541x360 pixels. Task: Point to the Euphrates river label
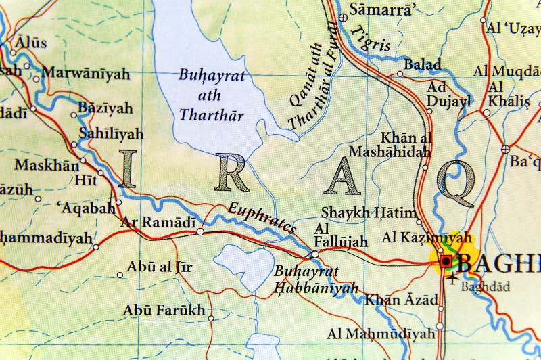(262, 218)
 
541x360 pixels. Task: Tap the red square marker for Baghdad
(445, 260)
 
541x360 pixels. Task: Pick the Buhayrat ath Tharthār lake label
(212, 95)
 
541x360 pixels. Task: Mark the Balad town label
(423, 65)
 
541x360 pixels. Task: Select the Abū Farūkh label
(164, 311)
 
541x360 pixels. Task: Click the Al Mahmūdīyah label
(381, 334)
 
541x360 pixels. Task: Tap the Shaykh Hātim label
(369, 212)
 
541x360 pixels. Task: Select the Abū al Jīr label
(158, 267)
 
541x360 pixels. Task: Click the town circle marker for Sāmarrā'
(343, 18)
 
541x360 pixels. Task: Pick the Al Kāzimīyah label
(427, 238)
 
